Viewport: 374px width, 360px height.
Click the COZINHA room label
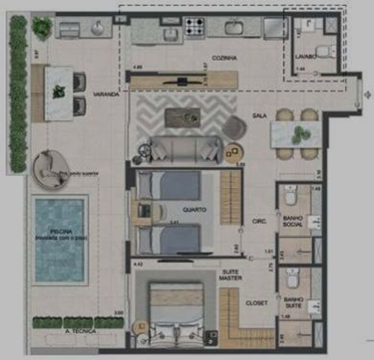[224, 58]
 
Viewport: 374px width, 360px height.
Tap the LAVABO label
[306, 57]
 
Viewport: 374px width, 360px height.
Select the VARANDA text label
[106, 95]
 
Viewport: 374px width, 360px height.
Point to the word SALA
[260, 116]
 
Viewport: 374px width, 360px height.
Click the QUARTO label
[194, 210]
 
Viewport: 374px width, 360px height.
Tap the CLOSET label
[256, 303]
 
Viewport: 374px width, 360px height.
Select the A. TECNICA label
[80, 331]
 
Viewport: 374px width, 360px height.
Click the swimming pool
[59, 240]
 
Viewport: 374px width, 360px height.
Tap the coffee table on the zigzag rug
[183, 118]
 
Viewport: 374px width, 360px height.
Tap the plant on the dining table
[300, 135]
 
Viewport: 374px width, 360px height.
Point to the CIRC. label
[259, 222]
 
